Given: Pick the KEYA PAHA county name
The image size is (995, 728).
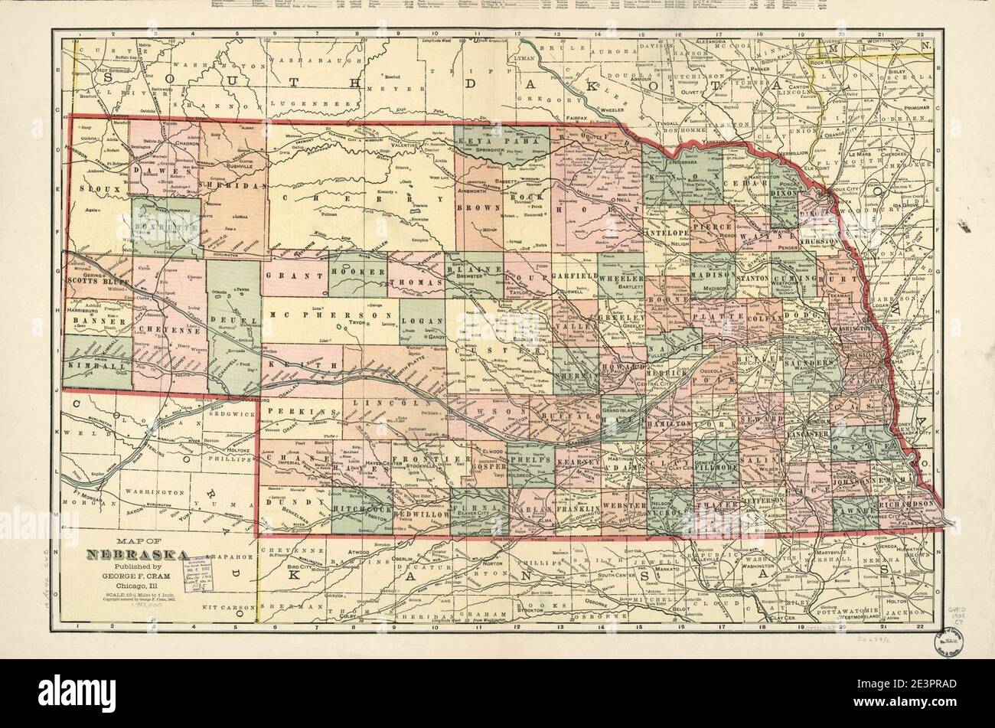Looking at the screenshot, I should point(490,140).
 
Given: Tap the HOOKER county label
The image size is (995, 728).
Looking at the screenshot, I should point(357,273).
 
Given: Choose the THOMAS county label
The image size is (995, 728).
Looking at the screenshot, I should point(416,282).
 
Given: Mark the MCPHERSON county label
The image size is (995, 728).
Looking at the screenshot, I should point(334,315).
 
